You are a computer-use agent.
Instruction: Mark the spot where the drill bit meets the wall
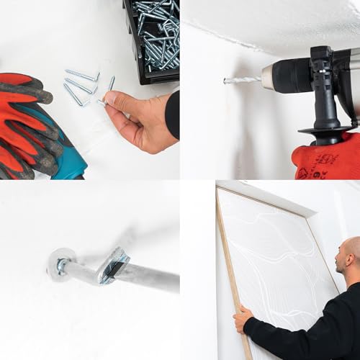point(225,80)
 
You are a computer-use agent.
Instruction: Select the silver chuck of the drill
point(276,75)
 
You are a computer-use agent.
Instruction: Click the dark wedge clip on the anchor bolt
point(113,264)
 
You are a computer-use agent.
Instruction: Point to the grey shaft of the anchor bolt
point(151,276)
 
